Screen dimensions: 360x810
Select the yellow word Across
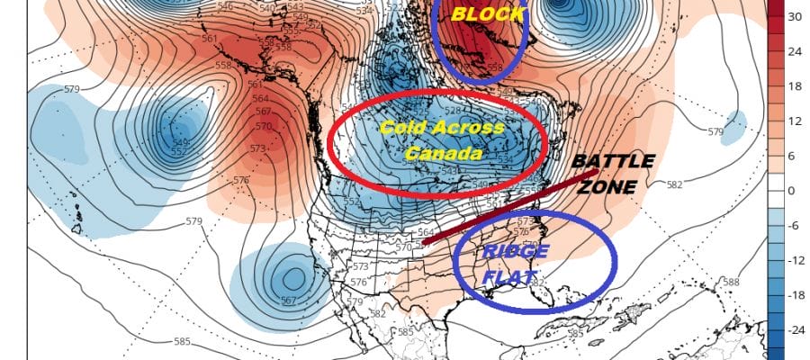click(469, 128)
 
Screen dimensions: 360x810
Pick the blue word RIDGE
click(504, 250)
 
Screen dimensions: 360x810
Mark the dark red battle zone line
click(522, 206)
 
